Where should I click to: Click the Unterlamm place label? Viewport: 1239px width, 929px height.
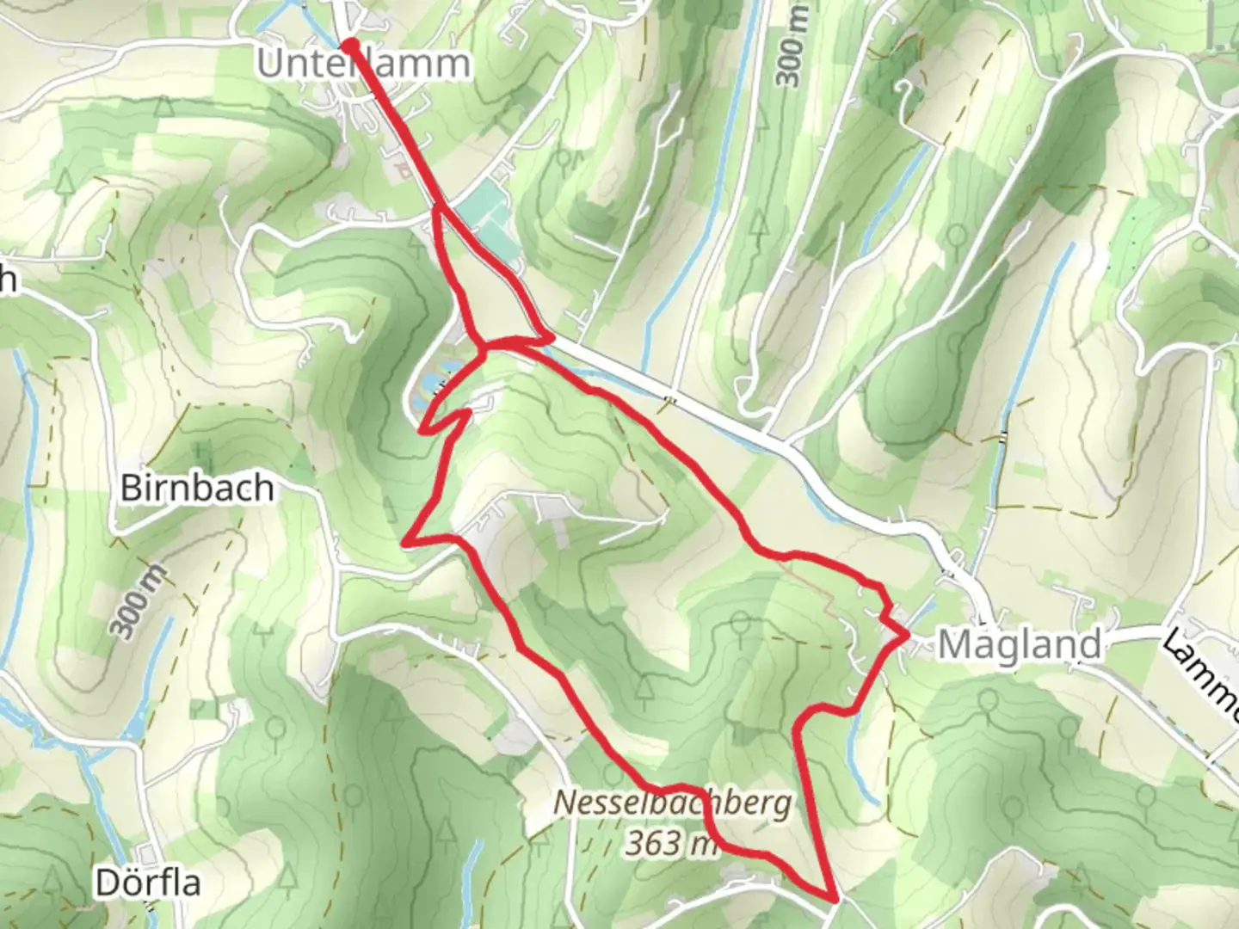tap(364, 64)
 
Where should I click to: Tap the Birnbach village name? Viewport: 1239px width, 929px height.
tap(197, 488)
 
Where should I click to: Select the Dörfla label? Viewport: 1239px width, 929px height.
tap(148, 883)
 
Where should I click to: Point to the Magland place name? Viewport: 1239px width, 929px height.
tap(1019, 644)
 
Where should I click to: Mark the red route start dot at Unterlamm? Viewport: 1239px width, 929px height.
tap(350, 46)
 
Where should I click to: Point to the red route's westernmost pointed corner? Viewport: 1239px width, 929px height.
tap(404, 543)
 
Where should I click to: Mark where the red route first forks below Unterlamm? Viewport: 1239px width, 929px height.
tap(438, 207)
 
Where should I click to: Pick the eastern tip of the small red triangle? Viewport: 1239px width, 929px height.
tap(551, 339)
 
